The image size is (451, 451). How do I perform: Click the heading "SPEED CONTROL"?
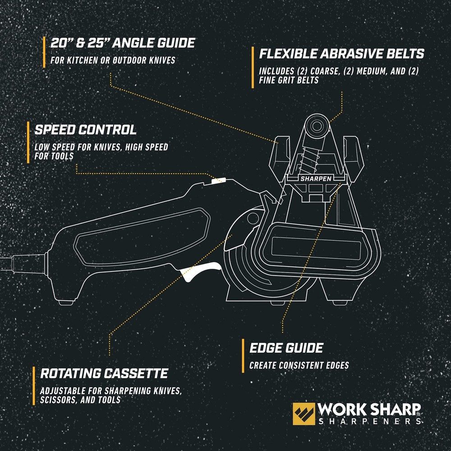[x=86, y=130]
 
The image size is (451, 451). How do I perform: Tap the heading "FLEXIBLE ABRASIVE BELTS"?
[x=341, y=54]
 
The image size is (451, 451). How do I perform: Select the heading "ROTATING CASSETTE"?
[x=104, y=373]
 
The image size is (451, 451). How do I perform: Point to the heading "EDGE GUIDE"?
[x=286, y=348]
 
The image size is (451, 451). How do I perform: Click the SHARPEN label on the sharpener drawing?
[x=316, y=179]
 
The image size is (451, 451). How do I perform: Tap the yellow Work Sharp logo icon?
[x=304, y=414]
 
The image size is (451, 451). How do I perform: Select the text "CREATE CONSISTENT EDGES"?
[x=299, y=366]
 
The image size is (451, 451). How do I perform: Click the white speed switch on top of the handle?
[x=218, y=181]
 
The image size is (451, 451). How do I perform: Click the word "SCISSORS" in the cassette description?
[x=57, y=400]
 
